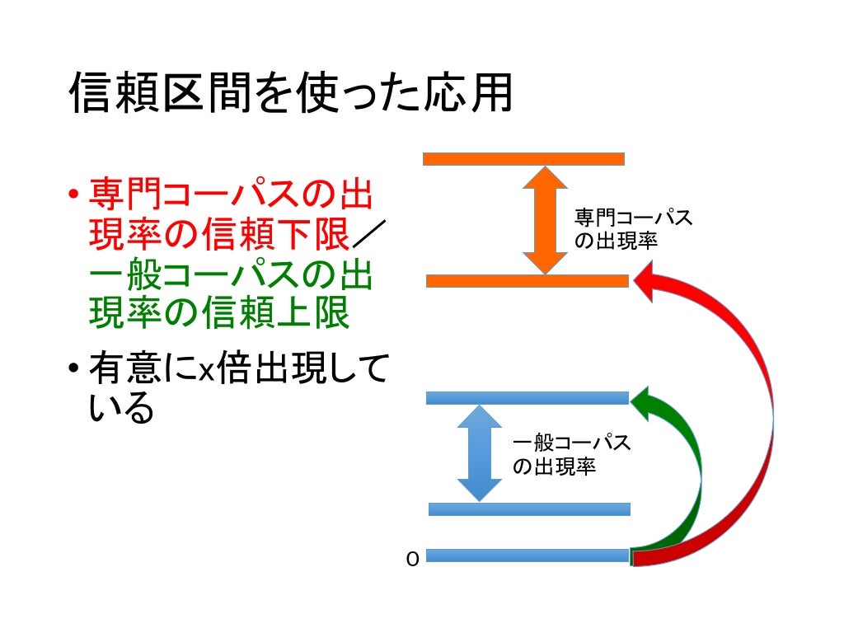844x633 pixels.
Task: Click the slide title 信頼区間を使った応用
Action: click(x=291, y=94)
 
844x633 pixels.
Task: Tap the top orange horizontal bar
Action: click(x=523, y=159)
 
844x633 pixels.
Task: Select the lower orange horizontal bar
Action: click(x=527, y=281)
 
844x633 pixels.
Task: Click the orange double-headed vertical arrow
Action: click(x=545, y=220)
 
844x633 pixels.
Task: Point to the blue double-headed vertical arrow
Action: click(x=479, y=453)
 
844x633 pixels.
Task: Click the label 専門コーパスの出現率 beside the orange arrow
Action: click(x=632, y=230)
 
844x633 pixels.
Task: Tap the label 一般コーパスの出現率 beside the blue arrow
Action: click(x=570, y=454)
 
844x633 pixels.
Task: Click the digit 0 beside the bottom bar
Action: click(x=413, y=560)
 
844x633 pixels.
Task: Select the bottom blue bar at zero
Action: click(x=527, y=556)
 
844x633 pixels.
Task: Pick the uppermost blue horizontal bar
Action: click(x=527, y=398)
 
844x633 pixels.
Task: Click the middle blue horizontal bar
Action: click(x=529, y=509)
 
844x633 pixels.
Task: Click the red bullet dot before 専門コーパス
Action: click(x=73, y=196)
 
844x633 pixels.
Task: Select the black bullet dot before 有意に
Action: click(x=73, y=368)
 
